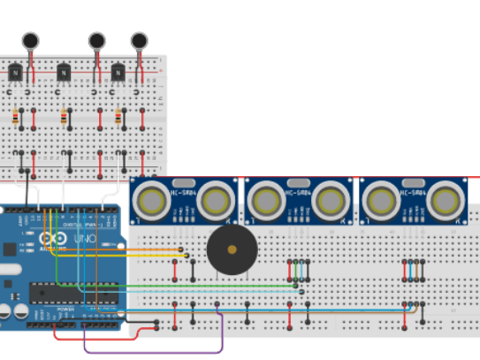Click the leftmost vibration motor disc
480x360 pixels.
(31, 40)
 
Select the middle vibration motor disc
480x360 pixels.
(96, 40)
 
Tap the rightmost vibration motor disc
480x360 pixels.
(139, 40)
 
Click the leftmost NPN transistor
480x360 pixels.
(15, 72)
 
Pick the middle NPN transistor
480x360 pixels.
(63, 72)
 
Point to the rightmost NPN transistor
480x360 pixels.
(118, 72)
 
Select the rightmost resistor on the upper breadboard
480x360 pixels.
(118, 117)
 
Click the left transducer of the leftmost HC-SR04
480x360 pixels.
(149, 201)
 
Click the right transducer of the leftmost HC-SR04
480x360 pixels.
(217, 201)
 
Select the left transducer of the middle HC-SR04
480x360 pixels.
(263, 201)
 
